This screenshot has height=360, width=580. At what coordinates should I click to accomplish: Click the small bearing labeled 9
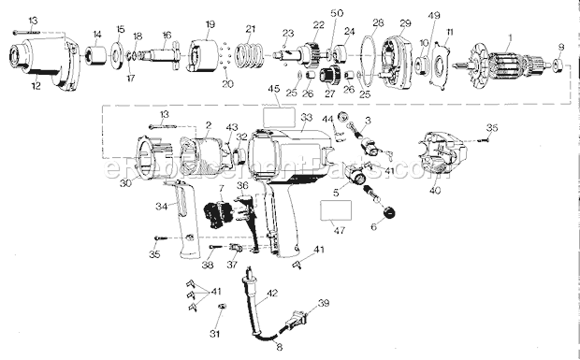558,65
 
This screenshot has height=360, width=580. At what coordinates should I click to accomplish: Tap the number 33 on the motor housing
306,118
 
